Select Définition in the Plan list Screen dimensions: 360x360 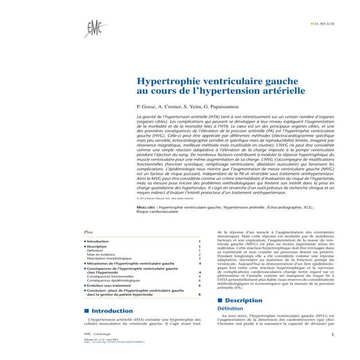click(x=95, y=250)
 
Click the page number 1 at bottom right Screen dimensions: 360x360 click(x=331, y=335)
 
